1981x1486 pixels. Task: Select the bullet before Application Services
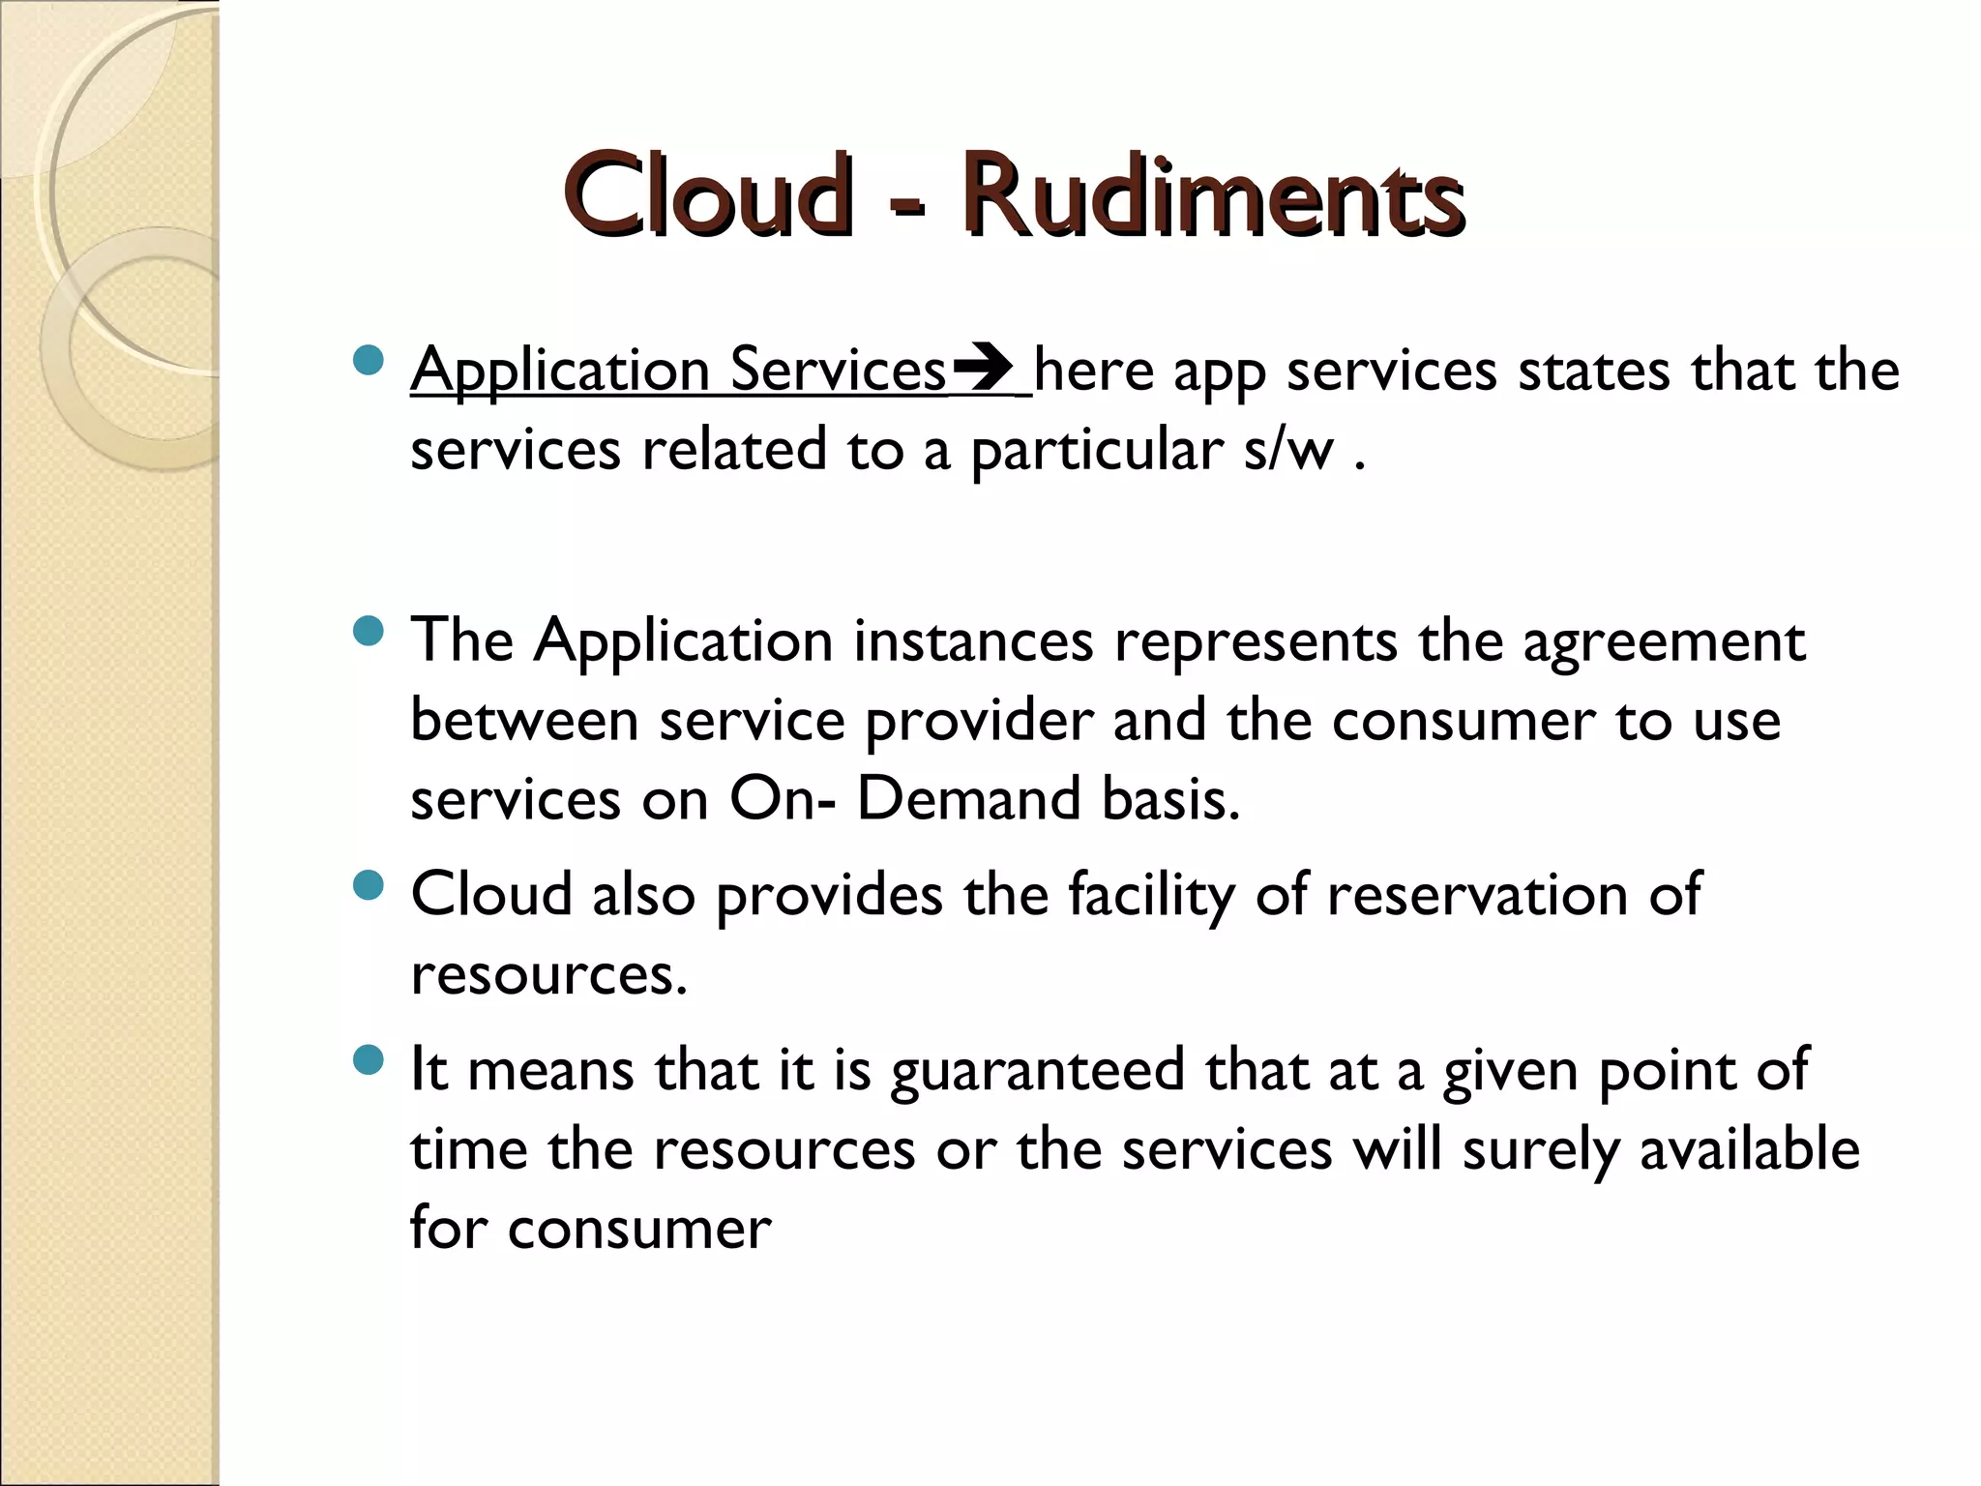pos(369,362)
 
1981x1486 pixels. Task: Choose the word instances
pos(973,641)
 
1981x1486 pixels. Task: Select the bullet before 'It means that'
pos(369,1061)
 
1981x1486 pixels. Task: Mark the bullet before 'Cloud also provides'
pos(369,885)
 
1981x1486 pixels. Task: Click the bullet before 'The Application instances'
pos(369,633)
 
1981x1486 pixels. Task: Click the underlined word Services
pos(838,370)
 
